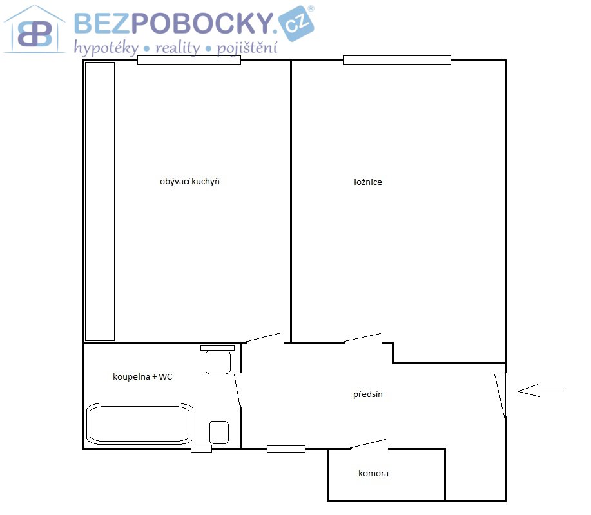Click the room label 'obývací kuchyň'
189,182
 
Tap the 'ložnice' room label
368,182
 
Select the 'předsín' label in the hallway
368,394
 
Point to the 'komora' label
373,474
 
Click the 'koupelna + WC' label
142,376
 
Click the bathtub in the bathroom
140,423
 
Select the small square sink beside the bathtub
219,432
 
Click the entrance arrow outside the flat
542,391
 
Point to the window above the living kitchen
189,61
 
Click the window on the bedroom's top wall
397,61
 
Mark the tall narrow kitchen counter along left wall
100,202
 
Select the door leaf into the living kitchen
264,338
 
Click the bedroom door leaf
363,338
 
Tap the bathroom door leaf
237,391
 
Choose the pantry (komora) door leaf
368,443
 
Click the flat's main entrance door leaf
499,396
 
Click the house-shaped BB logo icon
34,30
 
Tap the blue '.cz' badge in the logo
296,23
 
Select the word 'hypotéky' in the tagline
106,48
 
